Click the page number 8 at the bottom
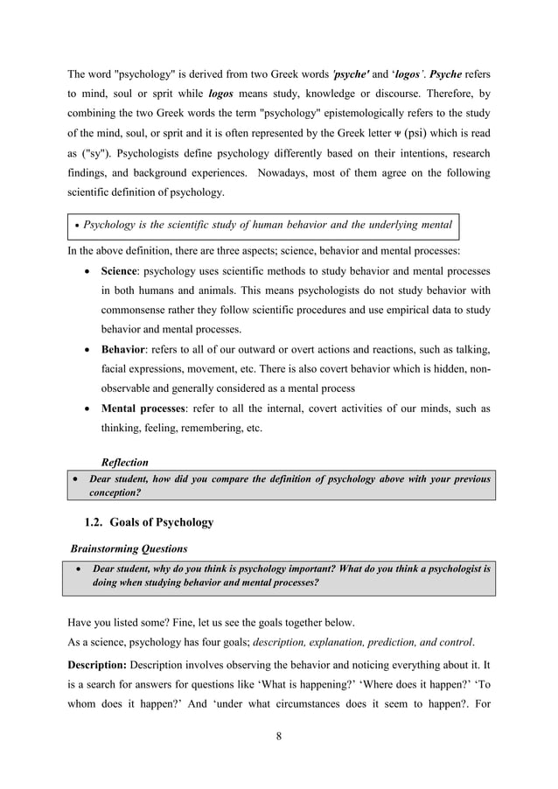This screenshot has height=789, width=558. tap(278, 735)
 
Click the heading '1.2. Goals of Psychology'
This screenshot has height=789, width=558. tap(148, 522)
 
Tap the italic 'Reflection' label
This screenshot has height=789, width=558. tap(125, 462)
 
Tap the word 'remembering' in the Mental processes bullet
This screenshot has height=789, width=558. tap(206, 429)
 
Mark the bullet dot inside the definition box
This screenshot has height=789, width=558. tap(78, 226)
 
